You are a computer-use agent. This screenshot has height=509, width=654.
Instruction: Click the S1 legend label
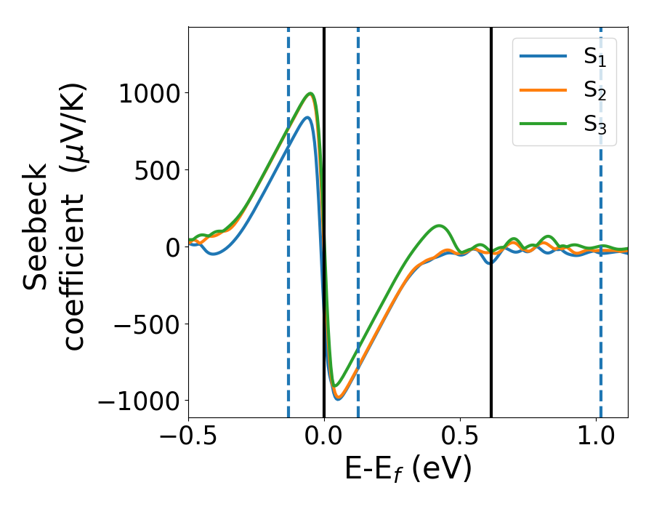click(x=594, y=57)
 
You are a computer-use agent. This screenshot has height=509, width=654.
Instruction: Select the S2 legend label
click(x=594, y=91)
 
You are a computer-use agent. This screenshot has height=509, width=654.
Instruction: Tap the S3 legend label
click(x=594, y=124)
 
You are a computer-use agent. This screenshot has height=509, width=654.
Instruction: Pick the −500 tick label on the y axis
click(x=146, y=324)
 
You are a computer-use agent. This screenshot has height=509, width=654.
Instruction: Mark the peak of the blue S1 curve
click(x=308, y=117)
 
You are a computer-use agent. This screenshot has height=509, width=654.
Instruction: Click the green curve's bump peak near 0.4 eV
click(x=440, y=225)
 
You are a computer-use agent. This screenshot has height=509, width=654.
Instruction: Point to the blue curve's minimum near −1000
click(x=338, y=399)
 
